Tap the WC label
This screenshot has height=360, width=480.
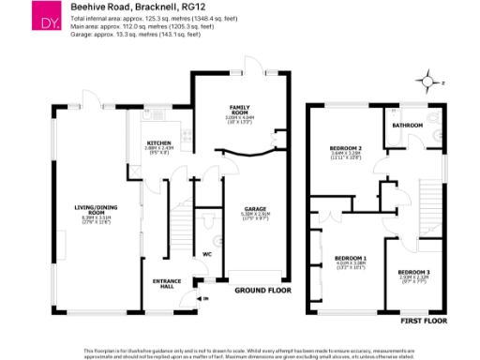coord(207,253)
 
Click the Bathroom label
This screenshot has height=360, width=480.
coord(408,125)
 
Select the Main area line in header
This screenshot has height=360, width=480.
coord(141,27)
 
